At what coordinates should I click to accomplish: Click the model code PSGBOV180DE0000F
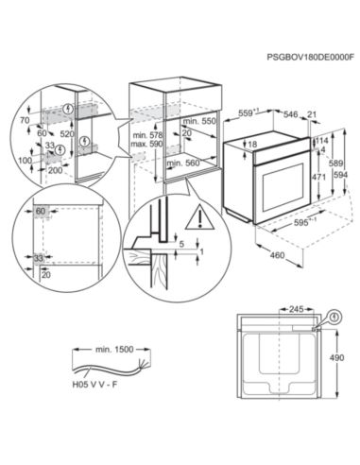(x=310, y=57)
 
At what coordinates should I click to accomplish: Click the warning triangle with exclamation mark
(x=199, y=218)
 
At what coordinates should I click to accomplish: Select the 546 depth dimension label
(x=290, y=114)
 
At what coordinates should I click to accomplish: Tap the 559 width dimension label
(x=248, y=112)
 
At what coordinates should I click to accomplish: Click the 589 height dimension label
(x=336, y=164)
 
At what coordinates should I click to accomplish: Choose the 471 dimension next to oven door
(x=319, y=178)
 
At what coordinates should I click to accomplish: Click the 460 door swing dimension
(x=277, y=254)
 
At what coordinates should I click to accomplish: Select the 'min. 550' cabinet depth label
(x=199, y=121)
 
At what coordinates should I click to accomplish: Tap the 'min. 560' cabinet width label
(x=183, y=163)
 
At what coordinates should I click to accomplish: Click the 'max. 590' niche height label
(x=147, y=145)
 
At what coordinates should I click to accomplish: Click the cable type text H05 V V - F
(x=94, y=385)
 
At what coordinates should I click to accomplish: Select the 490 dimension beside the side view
(x=336, y=358)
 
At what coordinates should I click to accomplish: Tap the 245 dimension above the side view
(x=297, y=309)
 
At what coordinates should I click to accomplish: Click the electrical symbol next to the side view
(x=336, y=318)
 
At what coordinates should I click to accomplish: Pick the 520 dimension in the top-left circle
(x=67, y=134)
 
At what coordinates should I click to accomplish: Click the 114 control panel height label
(x=321, y=141)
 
